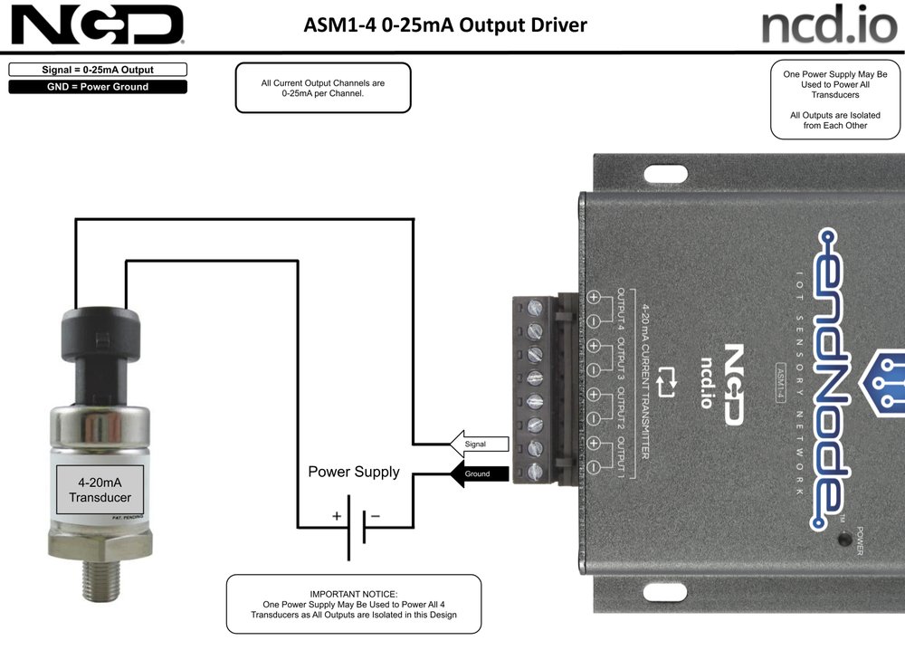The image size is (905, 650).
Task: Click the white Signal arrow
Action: coord(479,444)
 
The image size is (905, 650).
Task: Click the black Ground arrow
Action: coord(479,473)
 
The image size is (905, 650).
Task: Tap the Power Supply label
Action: coord(354,473)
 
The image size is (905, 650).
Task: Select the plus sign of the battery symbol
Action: coord(337,516)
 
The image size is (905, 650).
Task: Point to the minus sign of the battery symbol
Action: coord(376,515)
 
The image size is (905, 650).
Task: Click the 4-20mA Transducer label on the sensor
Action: coord(100,490)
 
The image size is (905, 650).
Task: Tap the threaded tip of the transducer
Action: coord(100,579)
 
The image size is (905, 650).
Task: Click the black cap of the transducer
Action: coord(100,335)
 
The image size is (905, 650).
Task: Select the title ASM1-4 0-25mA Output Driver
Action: coord(445,24)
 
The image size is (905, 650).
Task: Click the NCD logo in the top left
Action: coord(97,24)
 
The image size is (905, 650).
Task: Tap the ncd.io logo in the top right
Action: coord(829,24)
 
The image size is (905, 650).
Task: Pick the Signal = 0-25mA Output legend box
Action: coord(98,70)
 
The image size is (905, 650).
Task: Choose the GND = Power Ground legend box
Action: coord(98,87)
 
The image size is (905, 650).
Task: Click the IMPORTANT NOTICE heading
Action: coord(353,594)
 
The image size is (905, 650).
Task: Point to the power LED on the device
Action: coord(843,540)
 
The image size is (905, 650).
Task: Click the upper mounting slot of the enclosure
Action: coord(665,174)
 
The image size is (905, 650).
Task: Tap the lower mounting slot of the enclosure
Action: coord(665,592)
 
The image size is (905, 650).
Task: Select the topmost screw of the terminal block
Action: coord(535,307)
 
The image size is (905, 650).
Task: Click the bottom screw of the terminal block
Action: coord(535,471)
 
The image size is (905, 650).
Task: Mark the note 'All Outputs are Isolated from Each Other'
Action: coord(835,120)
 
